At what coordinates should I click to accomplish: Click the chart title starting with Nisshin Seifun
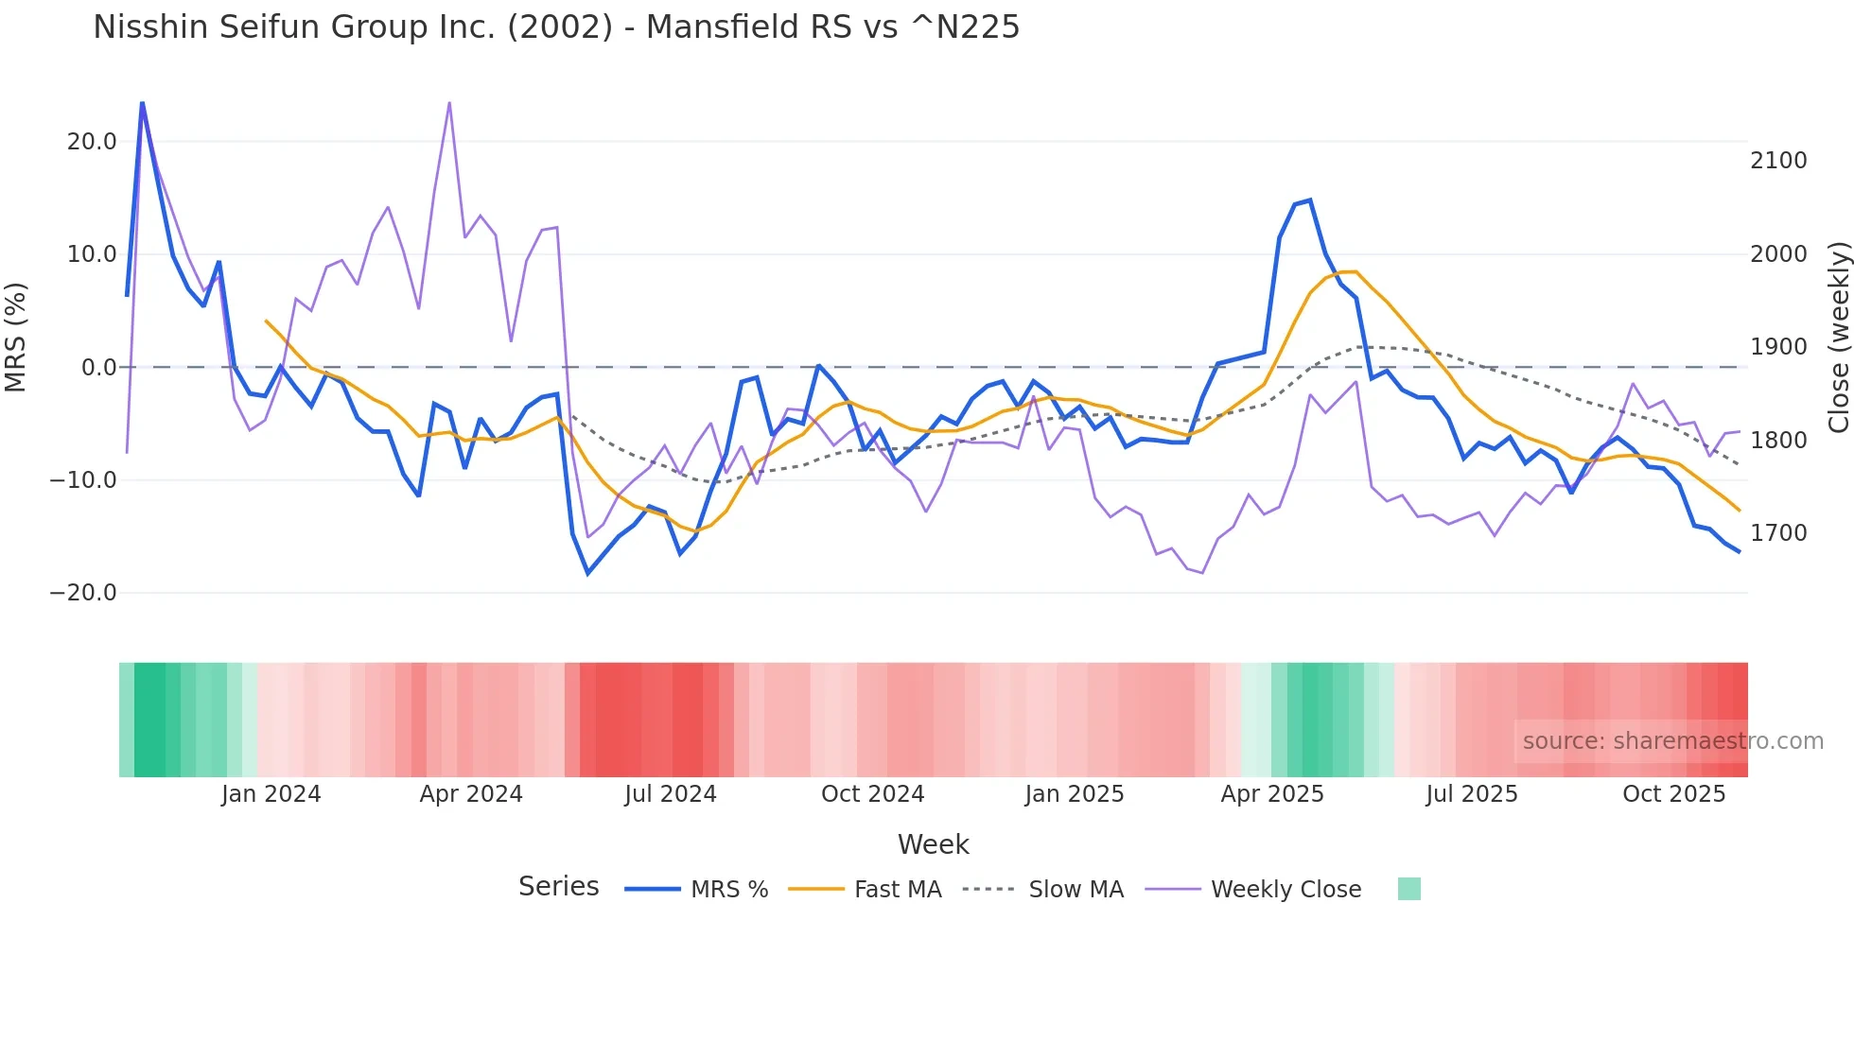coord(556,27)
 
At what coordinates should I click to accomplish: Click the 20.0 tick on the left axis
coord(92,142)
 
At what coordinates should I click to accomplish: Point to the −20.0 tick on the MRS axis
coord(83,593)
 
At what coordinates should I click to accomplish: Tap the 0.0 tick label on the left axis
coord(99,368)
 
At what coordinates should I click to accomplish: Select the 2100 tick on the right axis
coord(1778,161)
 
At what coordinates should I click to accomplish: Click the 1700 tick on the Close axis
coord(1778,533)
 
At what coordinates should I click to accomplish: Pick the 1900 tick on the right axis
coord(1778,347)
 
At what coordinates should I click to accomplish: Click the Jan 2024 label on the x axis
coord(271,794)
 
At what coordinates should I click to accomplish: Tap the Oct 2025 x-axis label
coord(1673,794)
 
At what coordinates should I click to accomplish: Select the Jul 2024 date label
coord(671,794)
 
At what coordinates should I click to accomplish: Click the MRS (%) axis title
coord(16,337)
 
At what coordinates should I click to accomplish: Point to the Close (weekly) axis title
coord(1838,337)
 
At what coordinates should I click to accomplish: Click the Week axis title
coord(933,844)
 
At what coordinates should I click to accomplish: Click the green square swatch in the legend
coord(1408,889)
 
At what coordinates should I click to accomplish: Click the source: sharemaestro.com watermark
coord(1672,741)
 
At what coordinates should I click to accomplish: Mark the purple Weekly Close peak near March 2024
coord(449,102)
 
